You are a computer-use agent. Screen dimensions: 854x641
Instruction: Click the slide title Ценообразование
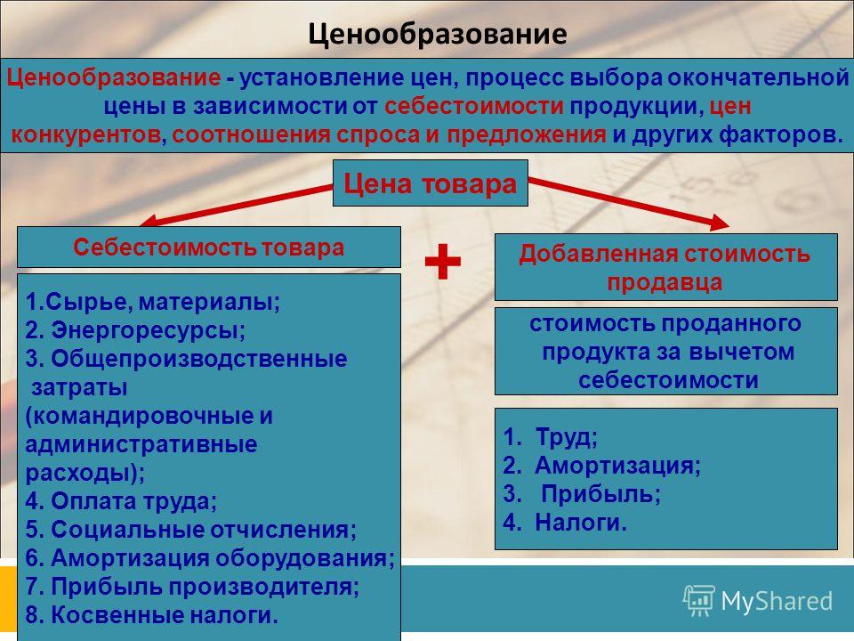[437, 34]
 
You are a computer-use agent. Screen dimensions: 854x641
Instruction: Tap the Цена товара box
[431, 183]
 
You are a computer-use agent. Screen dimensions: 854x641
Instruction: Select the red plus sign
[443, 262]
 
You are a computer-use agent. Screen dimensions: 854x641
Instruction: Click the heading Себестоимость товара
[208, 247]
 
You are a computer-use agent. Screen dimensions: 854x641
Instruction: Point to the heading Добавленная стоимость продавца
[665, 268]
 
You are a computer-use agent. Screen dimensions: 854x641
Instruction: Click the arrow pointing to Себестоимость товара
[236, 206]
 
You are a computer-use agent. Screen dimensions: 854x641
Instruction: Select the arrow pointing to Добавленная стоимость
[629, 203]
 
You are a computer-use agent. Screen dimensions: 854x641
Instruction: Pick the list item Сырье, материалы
[152, 302]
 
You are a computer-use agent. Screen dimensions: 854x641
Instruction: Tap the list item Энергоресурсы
[135, 330]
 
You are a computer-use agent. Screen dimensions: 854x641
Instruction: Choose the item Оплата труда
[121, 501]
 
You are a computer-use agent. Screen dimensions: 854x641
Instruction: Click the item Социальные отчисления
[190, 529]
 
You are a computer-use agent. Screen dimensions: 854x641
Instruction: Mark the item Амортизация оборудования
[210, 557]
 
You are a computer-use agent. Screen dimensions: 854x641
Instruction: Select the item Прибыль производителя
[192, 587]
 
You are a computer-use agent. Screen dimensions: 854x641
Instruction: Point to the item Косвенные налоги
[152, 615]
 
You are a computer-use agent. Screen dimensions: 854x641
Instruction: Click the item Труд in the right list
[550, 436]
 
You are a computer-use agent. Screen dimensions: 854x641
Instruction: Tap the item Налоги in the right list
[565, 523]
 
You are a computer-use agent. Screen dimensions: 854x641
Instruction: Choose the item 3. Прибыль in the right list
[582, 494]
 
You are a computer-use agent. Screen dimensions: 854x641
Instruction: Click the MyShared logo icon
[699, 601]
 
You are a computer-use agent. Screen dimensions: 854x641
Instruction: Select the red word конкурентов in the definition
[86, 134]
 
